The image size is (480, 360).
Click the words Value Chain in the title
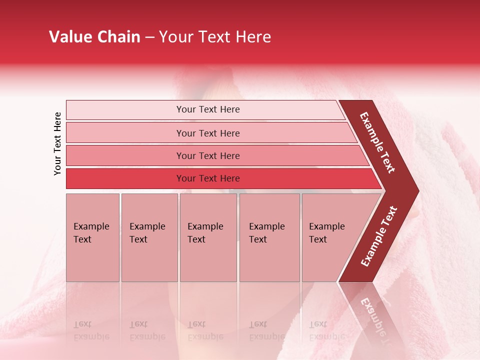(x=94, y=37)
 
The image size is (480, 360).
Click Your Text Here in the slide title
(x=215, y=37)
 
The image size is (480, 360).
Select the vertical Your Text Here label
(x=57, y=143)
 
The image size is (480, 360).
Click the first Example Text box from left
(x=92, y=237)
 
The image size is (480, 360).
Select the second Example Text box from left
(x=149, y=237)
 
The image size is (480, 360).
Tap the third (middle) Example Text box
(x=208, y=237)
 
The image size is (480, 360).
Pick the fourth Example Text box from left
(x=269, y=237)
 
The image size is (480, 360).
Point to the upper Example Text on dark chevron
(x=377, y=142)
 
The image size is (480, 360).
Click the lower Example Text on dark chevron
(x=379, y=236)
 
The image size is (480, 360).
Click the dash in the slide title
(x=149, y=37)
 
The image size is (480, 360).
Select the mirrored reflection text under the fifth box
(x=326, y=330)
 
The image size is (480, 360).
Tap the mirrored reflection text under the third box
(x=205, y=330)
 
